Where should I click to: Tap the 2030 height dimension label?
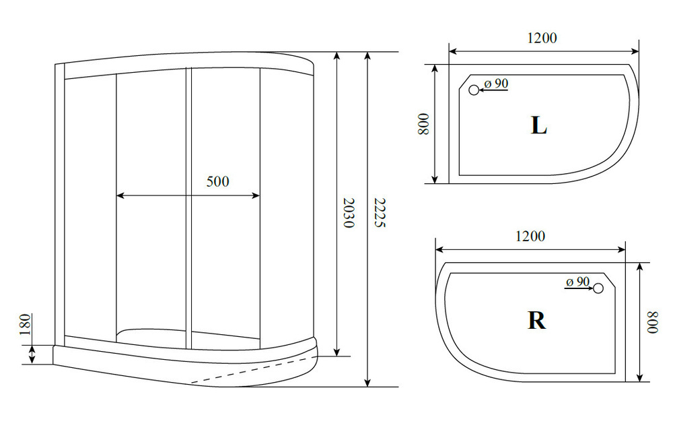point(349,213)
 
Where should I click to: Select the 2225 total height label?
point(380,213)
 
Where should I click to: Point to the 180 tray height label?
point(26,325)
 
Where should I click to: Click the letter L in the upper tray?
point(538,126)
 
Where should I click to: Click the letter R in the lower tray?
point(536,320)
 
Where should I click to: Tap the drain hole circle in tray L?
point(474,90)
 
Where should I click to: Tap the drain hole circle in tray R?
point(598,288)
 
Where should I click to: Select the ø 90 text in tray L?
point(496,84)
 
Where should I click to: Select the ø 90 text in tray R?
point(577,282)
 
